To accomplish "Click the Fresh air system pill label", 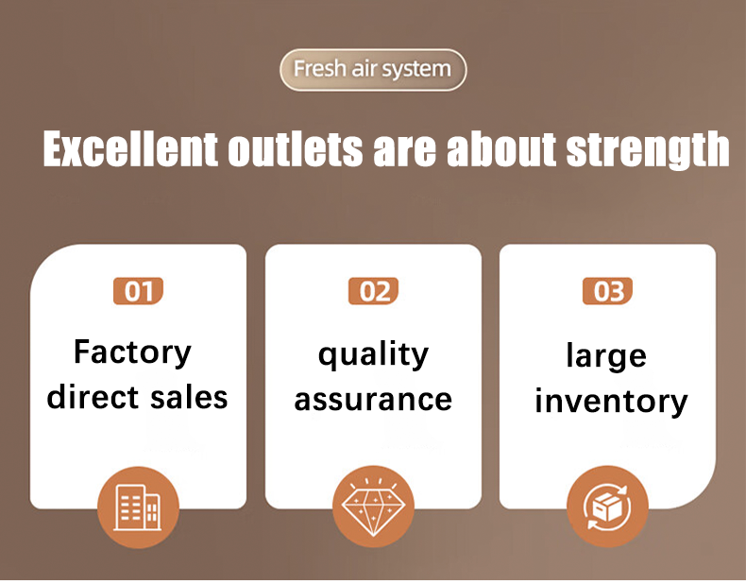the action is tap(373, 70).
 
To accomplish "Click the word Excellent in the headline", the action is tap(130, 149).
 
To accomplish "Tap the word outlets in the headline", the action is tap(295, 149).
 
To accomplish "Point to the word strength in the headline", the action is tap(648, 150).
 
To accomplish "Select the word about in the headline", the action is tap(501, 149).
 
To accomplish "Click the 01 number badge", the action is tap(139, 291).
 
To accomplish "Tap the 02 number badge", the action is tap(374, 291).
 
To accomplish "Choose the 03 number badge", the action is tap(607, 291).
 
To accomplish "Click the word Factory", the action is tap(133, 353).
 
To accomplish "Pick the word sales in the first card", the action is tap(189, 398).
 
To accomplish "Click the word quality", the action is tap(374, 355).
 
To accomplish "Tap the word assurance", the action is tap(374, 400).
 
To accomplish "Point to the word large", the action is tap(606, 356).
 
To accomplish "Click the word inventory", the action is tap(611, 402).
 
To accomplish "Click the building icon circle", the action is tap(139, 507).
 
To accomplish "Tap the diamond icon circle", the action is tap(374, 507).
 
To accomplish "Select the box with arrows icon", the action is tap(607, 507).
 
